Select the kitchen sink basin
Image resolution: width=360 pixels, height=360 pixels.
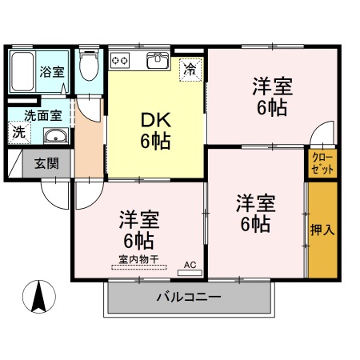pyautogui.click(x=158, y=61)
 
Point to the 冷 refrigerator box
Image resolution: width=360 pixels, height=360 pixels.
pyautogui.click(x=190, y=69)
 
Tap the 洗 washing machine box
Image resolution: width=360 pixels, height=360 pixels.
pyautogui.click(x=18, y=132)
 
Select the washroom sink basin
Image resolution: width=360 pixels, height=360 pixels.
pyautogui.click(x=54, y=134)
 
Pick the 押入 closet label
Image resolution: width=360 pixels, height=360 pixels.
pyautogui.click(x=322, y=230)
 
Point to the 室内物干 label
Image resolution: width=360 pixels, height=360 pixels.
pyautogui.click(x=139, y=259)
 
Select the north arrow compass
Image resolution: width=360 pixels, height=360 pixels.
pyautogui.click(x=38, y=298)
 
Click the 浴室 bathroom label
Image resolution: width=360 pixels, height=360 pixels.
pyautogui.click(x=53, y=71)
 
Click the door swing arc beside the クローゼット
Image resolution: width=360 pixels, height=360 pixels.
pyautogui.click(x=322, y=133)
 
